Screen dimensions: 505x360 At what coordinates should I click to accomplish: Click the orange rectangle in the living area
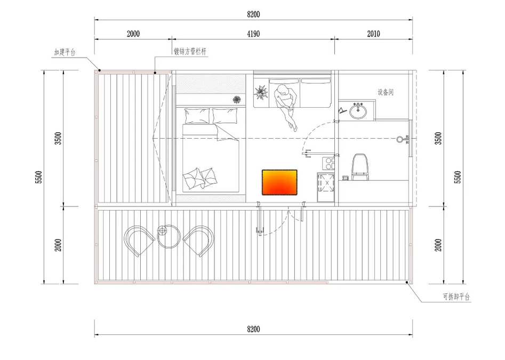[279, 182]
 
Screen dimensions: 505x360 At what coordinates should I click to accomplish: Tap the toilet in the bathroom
[359, 167]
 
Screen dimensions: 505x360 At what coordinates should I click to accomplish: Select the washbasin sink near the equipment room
[357, 111]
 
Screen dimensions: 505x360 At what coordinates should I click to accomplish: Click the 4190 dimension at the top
[253, 34]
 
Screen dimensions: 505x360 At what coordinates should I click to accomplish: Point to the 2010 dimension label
[374, 34]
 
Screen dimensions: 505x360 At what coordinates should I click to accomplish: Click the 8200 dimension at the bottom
[253, 329]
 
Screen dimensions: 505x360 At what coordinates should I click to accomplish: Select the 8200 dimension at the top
[253, 14]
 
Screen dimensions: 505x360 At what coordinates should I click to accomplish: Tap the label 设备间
[386, 92]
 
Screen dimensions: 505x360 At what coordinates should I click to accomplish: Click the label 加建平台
[65, 52]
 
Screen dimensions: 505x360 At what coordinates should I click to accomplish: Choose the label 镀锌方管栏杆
[190, 52]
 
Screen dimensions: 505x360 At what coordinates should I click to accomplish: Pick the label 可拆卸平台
[456, 296]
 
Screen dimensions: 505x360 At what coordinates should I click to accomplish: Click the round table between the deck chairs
[169, 236]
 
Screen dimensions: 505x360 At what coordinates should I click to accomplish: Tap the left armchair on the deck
[139, 241]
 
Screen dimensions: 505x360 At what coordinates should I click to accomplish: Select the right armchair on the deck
[198, 241]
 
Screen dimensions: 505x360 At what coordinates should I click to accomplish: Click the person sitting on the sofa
[286, 106]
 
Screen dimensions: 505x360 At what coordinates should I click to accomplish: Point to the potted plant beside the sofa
[261, 92]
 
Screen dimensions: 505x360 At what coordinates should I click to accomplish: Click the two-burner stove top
[328, 163]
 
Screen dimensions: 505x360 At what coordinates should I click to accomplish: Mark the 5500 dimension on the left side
[38, 177]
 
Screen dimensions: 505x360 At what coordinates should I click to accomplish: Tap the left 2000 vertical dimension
[58, 245]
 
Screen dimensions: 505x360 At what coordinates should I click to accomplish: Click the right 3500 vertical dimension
[438, 139]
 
